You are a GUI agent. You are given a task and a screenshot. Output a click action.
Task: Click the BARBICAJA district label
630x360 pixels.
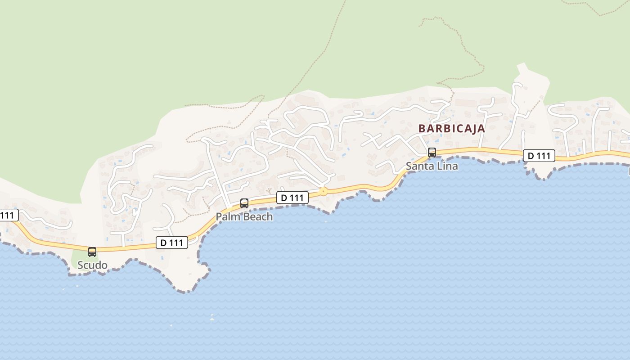tap(452, 128)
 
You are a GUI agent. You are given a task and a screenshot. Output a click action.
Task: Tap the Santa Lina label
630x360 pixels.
tap(432, 166)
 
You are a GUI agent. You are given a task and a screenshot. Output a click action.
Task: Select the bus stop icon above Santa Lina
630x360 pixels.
tap(432, 152)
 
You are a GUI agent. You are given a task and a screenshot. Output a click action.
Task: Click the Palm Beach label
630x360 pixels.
tap(244, 216)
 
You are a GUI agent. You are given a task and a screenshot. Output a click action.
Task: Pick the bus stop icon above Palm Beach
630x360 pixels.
tap(244, 203)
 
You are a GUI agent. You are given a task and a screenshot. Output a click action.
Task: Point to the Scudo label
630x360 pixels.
tap(92, 265)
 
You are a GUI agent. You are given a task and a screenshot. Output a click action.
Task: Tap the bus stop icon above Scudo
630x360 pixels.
tap(92, 252)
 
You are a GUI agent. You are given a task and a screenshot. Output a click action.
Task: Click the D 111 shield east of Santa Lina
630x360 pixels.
tap(539, 156)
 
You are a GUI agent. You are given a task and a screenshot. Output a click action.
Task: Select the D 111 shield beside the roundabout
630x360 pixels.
tap(292, 197)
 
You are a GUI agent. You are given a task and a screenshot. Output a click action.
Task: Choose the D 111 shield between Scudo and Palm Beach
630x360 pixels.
tap(171, 243)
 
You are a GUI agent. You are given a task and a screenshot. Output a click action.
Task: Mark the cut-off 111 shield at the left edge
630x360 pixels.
tap(8, 215)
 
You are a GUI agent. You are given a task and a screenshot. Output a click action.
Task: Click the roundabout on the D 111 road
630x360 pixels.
tap(323, 192)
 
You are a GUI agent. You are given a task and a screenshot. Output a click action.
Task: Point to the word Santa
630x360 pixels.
tap(419, 166)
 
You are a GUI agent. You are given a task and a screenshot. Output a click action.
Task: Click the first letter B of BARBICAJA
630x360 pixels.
tap(422, 128)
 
